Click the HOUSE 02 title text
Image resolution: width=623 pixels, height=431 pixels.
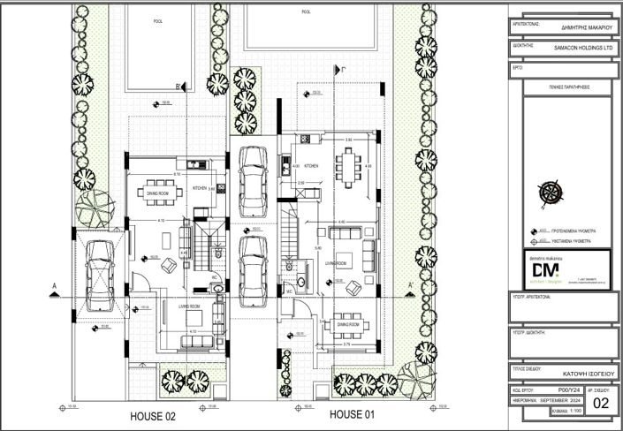coord(154,414)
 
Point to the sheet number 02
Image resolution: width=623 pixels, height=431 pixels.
coord(601,404)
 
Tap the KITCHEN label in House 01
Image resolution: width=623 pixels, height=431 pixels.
coord(311,165)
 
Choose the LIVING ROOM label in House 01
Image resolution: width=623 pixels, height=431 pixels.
coord(333,263)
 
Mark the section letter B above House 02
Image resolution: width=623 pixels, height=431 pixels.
coord(179,85)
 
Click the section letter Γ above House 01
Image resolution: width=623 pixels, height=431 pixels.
coord(337,66)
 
